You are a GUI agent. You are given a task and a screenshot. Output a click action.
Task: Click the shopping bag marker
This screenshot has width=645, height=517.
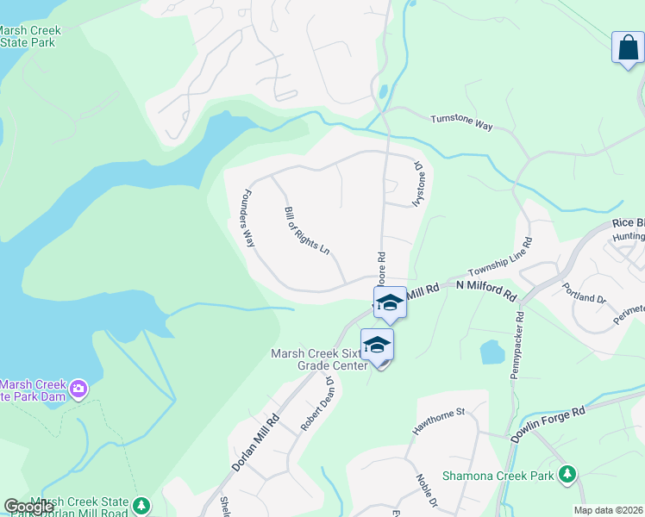pyautogui.click(x=627, y=47)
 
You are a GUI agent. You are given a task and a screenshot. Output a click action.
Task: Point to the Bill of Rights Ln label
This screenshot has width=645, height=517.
pyautogui.click(x=307, y=231)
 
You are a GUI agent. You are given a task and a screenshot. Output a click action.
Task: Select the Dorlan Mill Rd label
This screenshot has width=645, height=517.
pyautogui.click(x=256, y=443)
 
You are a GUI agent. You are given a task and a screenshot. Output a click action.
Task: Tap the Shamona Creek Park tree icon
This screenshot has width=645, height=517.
pyautogui.click(x=567, y=475)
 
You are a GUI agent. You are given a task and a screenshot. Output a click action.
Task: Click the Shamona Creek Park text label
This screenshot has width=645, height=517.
pyautogui.click(x=498, y=476)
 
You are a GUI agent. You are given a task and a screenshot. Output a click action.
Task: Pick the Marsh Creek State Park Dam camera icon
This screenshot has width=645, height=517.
pyautogui.click(x=79, y=389)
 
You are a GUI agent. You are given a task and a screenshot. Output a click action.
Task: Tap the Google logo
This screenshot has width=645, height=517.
pyautogui.click(x=29, y=507)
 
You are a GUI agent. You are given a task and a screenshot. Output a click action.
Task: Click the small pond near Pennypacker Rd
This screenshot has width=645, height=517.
pyautogui.click(x=492, y=352)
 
